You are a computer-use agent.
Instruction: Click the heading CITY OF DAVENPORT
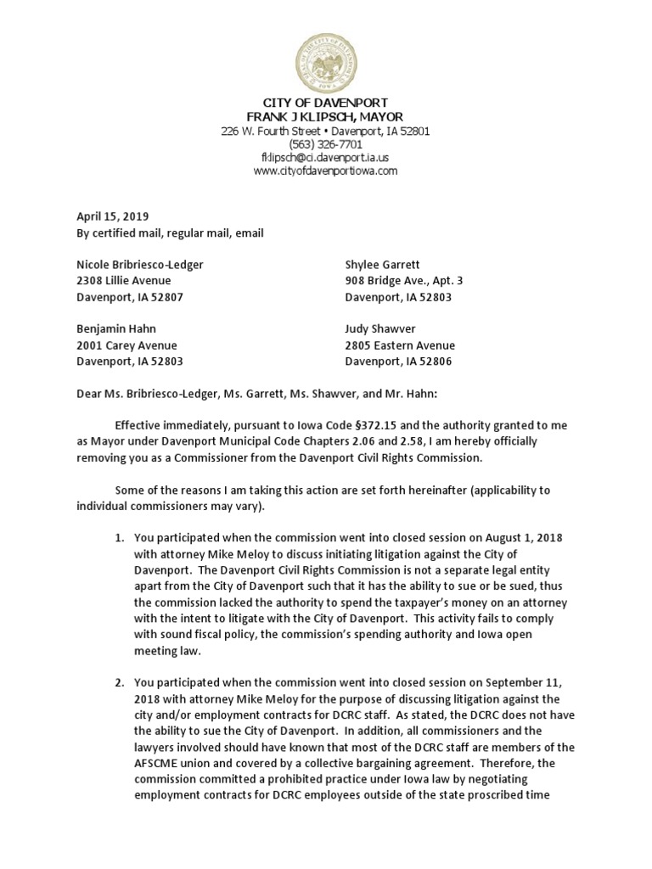tap(325, 103)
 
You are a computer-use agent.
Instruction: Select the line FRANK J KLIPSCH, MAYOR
tap(325, 116)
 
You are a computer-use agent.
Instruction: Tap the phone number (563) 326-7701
tap(325, 144)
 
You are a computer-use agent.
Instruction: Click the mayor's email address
tap(325, 157)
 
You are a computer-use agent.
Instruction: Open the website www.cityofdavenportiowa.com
tap(325, 171)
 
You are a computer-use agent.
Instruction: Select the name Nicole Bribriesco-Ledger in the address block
tap(141, 264)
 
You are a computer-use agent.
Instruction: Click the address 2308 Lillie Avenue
tap(124, 280)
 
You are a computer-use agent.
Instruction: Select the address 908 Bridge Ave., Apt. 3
tap(404, 280)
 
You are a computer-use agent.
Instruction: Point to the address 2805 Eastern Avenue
tap(400, 345)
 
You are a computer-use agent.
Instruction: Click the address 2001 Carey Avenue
tap(127, 345)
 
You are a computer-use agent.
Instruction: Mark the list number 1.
tap(119, 538)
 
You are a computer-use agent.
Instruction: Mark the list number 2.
tap(119, 682)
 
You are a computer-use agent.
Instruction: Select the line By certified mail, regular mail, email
tap(170, 233)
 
